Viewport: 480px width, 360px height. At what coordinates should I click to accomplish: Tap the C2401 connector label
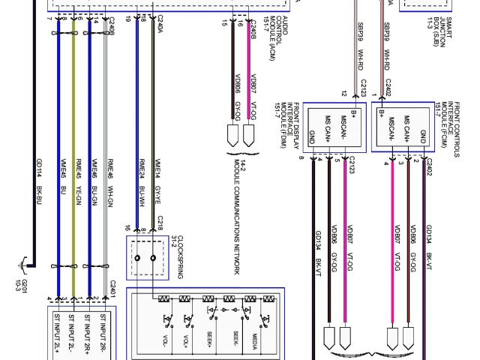click(x=114, y=289)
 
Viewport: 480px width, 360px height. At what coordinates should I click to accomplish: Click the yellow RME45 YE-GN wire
click(x=73, y=225)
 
